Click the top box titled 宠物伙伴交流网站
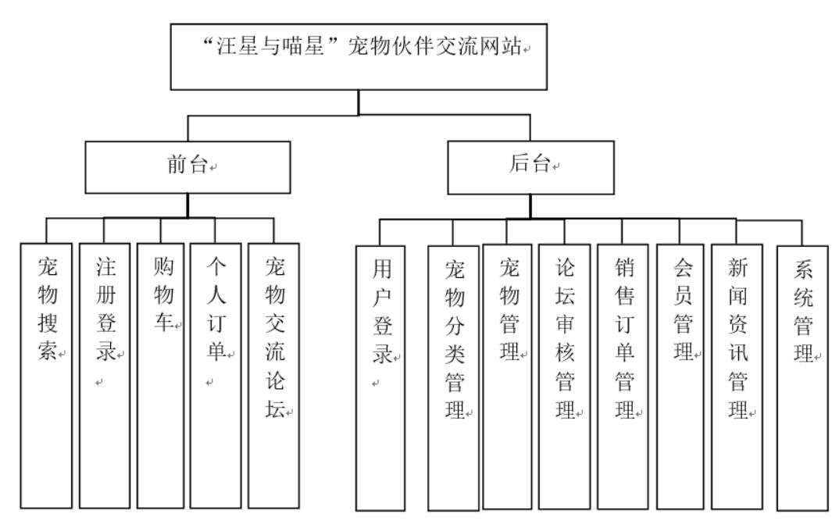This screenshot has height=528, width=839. [359, 57]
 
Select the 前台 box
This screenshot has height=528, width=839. [187, 167]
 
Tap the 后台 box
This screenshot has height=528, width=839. [530, 167]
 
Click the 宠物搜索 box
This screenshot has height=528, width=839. [46, 376]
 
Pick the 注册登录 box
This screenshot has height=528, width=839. [105, 376]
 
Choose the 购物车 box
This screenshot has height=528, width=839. [160, 376]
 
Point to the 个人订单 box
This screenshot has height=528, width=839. [216, 376]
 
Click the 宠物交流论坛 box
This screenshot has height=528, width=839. [273, 376]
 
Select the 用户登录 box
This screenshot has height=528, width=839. [380, 378]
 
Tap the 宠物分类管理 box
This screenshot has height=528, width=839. [453, 378]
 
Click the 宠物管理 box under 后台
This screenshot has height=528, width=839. [507, 376]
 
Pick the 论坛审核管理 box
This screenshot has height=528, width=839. [565, 376]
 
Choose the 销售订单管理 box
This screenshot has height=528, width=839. [623, 376]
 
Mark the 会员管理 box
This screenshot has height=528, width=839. [680, 376]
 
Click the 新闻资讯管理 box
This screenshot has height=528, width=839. [737, 376]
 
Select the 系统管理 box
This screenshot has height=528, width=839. [802, 378]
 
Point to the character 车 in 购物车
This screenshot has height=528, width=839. [163, 322]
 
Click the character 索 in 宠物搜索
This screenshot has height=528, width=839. [47, 351]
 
